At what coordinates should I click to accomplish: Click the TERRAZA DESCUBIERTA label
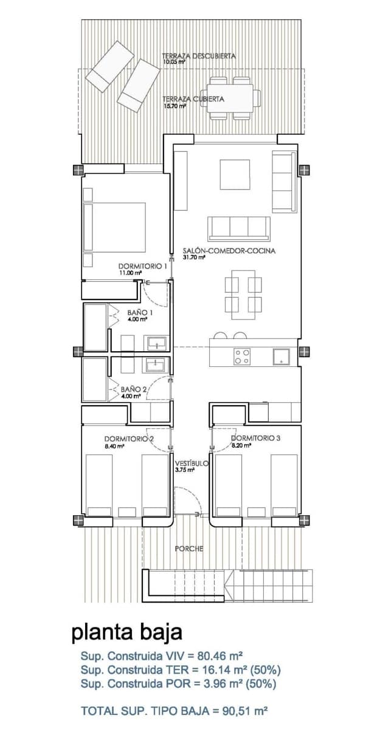pos(198,56)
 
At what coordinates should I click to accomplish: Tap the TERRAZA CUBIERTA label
pos(193,99)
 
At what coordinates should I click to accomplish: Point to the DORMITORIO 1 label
pos(143,266)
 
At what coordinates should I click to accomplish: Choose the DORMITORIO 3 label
pos(255,438)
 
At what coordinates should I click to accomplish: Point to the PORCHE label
pos(189,549)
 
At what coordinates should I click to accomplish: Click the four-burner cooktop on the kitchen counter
pos(242,357)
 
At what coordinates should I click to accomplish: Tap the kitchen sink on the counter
pos(281,357)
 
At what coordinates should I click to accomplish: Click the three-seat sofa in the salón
pos(239,228)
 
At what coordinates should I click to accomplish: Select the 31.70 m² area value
pos(194,258)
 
